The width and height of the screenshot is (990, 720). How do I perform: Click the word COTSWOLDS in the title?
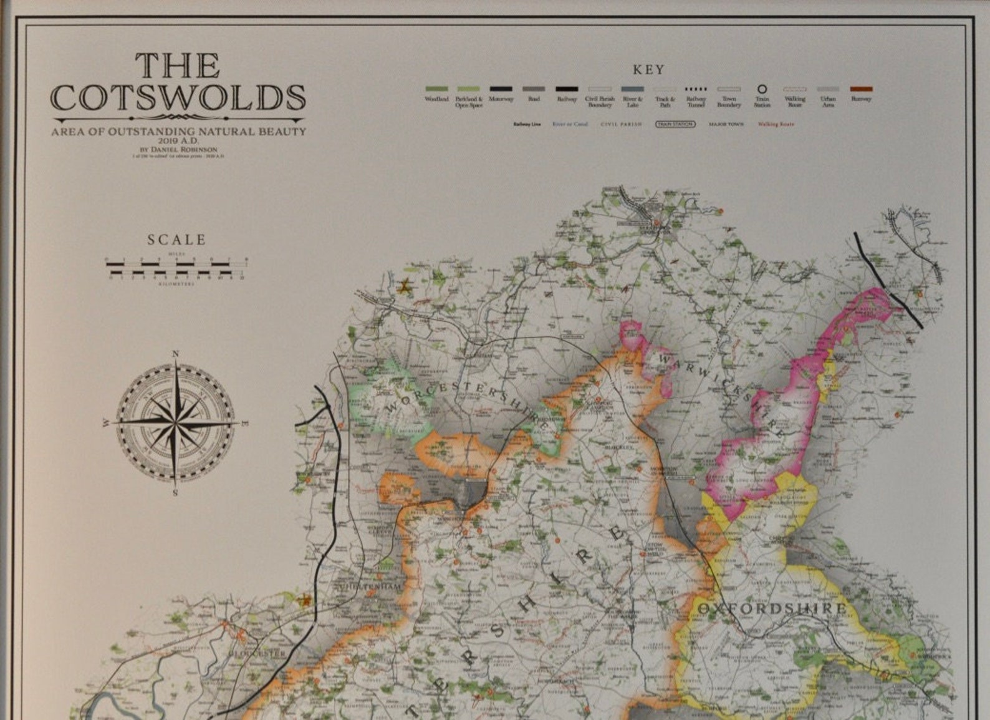tap(178, 97)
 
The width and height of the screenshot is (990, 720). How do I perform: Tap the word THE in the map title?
tap(178, 66)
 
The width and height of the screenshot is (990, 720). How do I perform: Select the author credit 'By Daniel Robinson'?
tap(178, 150)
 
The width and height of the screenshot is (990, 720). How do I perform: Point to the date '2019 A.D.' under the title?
tap(178, 141)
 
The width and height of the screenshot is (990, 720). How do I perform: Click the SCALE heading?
tap(176, 240)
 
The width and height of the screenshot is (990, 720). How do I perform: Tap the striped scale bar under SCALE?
tap(176, 268)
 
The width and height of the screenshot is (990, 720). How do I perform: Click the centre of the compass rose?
tap(175, 423)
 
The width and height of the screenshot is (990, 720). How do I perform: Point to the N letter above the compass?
tap(175, 354)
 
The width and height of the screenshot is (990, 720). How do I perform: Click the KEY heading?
tap(648, 70)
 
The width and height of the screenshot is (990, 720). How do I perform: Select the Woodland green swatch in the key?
tap(436, 89)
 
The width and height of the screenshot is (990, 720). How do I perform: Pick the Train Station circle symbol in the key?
tap(762, 89)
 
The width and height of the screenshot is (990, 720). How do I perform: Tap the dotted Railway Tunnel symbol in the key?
tap(696, 89)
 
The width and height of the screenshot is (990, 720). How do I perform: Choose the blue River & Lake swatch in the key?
tap(632, 89)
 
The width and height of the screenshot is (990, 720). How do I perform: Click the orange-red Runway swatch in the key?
tap(861, 89)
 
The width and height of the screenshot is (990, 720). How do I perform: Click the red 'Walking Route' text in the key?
tap(776, 124)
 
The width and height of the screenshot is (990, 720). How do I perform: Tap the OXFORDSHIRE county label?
tap(772, 608)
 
